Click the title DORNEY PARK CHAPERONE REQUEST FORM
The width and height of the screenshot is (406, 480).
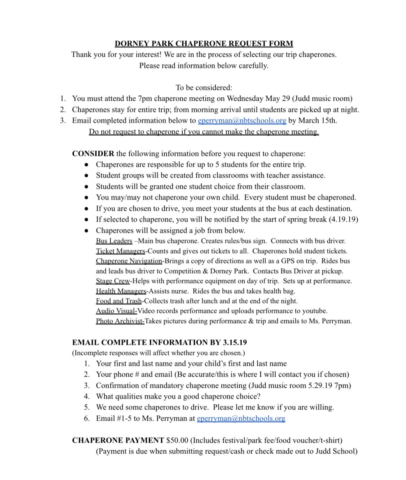(203, 44)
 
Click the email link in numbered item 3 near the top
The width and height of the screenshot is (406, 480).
(242, 121)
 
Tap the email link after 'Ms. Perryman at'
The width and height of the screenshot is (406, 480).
(241, 419)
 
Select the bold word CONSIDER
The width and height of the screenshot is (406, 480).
(93, 154)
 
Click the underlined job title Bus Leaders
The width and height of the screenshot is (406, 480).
(114, 241)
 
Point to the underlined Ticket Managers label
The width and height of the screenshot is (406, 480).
(120, 251)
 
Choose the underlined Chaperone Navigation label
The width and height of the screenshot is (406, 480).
(129, 261)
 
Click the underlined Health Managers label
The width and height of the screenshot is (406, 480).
(121, 291)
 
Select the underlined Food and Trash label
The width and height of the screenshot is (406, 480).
(119, 301)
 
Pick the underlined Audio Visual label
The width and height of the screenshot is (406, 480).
(116, 311)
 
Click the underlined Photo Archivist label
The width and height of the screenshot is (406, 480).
(120, 321)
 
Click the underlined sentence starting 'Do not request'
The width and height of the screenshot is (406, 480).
(204, 132)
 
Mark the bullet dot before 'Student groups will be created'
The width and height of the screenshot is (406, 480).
(87, 176)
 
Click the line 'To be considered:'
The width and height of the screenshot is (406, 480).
(204, 87)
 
